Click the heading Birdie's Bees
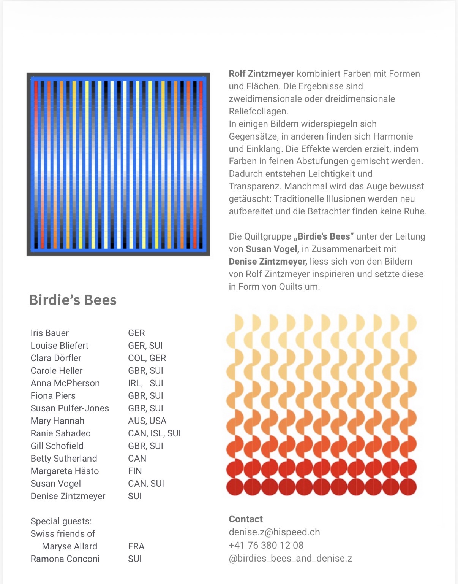coord(73,300)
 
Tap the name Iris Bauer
coord(50,333)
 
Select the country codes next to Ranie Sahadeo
coord(154,433)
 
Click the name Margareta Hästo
coord(65,471)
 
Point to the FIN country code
coord(135,471)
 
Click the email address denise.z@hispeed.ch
coord(274,532)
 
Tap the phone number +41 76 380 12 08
coord(266,545)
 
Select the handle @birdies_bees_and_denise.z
coord(290,558)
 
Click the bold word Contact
coord(246,519)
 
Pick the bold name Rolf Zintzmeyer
coord(262,74)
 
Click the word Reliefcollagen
coord(259,111)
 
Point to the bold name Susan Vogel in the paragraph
coord(272,249)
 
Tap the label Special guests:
coord(61,521)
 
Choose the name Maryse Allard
coord(69,546)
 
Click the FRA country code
coord(136,546)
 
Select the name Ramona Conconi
coord(65,559)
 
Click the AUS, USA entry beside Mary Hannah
coord(147,421)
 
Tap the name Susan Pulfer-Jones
coord(69,408)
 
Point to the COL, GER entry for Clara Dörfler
coord(147,358)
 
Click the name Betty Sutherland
coord(64,459)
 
